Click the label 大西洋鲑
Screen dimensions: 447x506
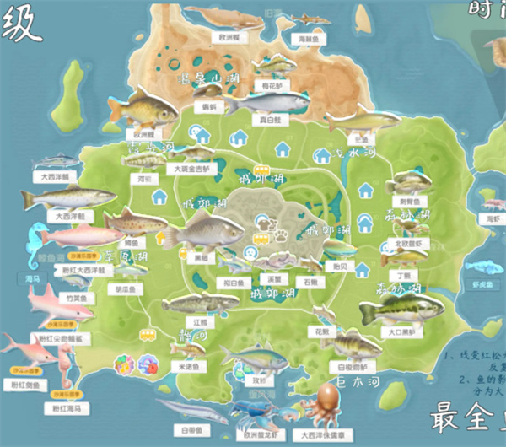click(61, 216)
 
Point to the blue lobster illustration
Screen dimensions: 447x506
click(254, 413)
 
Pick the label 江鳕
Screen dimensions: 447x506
click(200, 321)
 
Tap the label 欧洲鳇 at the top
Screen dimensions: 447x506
click(229, 38)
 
